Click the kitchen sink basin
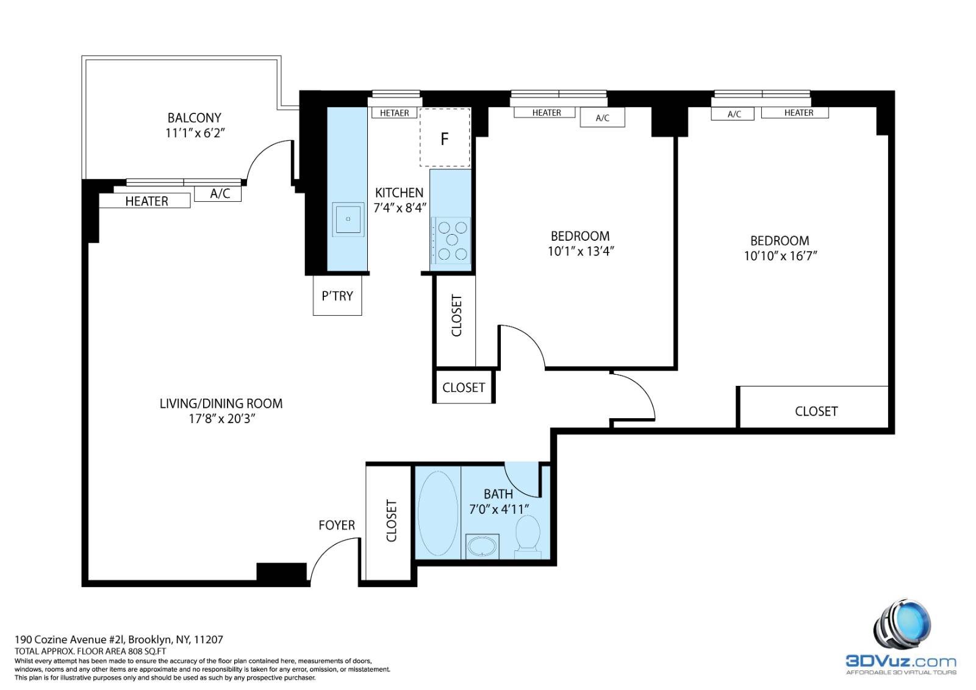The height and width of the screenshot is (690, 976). tap(348, 218)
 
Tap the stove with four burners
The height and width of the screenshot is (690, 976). tap(451, 240)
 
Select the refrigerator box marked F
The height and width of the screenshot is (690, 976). tap(445, 138)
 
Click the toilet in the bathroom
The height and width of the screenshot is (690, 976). tap(527, 535)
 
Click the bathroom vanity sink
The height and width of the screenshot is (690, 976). tap(483, 546)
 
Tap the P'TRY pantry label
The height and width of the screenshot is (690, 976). tap(337, 296)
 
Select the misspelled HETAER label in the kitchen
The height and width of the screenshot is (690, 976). tap(394, 113)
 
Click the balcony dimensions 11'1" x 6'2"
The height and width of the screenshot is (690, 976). tap(195, 133)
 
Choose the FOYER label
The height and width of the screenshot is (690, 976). tap(337, 525)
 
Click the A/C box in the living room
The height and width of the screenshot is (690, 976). tap(219, 194)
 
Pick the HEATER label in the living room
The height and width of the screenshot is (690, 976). tap(146, 201)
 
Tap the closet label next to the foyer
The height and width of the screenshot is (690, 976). tap(392, 521)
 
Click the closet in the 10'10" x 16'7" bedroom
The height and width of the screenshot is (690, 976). tap(816, 411)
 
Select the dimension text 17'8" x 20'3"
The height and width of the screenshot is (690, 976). tap(221, 419)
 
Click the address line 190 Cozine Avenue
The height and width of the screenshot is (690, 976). tap(119, 639)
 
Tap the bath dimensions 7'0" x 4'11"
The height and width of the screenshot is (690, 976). tap(498, 509)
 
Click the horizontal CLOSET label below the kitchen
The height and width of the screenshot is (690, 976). tap(464, 388)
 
